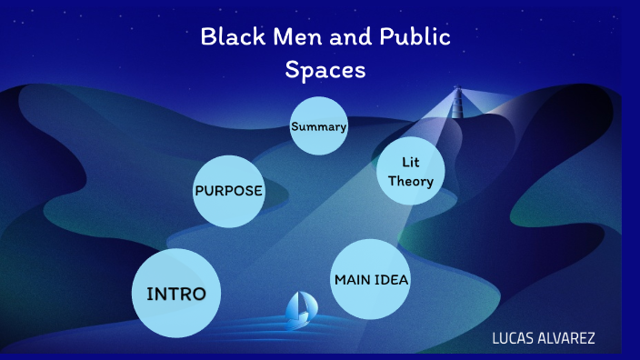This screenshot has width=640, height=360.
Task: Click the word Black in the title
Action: [228, 37]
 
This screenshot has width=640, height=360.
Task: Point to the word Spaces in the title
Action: [325, 69]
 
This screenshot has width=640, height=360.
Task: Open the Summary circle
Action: [319, 126]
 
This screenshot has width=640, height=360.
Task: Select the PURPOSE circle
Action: [228, 191]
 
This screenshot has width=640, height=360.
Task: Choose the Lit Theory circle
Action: [411, 171]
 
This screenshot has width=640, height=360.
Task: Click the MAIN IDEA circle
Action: [371, 279]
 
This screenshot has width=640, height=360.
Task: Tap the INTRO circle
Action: [176, 293]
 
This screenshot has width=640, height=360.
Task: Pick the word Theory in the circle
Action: [411, 181]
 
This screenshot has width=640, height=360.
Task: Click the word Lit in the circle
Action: [411, 162]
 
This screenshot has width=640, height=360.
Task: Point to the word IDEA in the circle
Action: [392, 279]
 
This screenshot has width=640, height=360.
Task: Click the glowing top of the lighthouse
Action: [456, 93]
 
